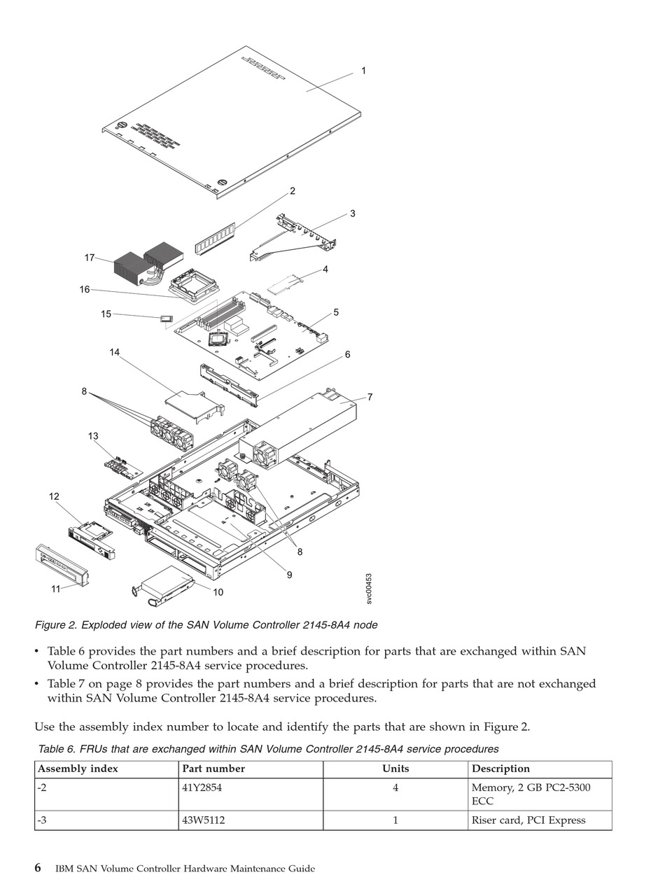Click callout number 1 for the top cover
tap(363, 71)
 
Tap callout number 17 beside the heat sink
tap(90, 258)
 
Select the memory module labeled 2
tap(215, 239)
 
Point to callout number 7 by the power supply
tap(370, 398)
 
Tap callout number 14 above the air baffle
tap(115, 352)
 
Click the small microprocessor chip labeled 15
tap(166, 319)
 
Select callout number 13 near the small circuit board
tap(93, 436)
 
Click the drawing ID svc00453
tap(369, 589)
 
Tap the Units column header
tap(395, 769)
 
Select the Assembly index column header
tap(78, 769)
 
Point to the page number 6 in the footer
tap(38, 868)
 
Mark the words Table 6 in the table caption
tap(55, 749)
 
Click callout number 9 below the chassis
tap(289, 575)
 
